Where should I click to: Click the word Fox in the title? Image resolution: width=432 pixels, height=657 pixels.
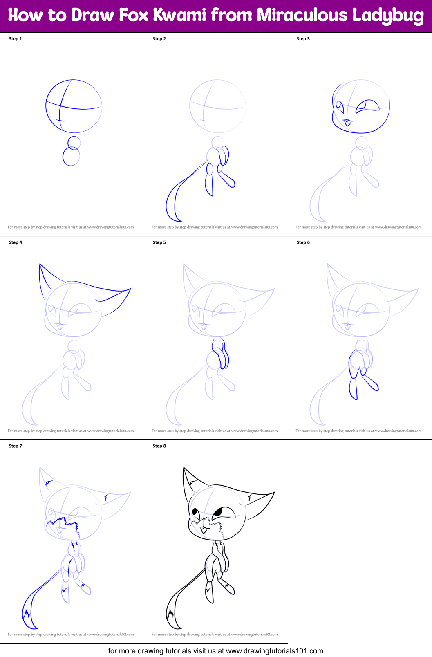coord(134,15)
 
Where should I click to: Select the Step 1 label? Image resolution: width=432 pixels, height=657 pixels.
coord(15,39)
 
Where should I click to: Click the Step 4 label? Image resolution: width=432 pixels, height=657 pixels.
coord(15,242)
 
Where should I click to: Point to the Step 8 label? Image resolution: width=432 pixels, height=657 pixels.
coord(159,446)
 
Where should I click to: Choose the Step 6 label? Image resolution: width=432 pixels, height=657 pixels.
coord(303,242)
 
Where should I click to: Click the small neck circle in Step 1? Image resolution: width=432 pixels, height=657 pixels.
coord(74,143)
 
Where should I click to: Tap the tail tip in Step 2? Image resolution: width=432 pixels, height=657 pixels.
coord(179,220)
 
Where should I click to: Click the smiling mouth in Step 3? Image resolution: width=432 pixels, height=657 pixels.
coord(348,122)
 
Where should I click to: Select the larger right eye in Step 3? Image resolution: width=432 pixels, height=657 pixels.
coord(367,106)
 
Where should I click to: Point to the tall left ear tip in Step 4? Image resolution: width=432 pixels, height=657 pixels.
coord(40,264)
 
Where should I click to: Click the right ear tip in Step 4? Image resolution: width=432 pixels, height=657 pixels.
coord(130,289)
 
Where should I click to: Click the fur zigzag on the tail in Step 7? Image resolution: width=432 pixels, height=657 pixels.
coord(27,614)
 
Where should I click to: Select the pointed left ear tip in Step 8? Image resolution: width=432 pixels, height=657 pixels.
coord(184,468)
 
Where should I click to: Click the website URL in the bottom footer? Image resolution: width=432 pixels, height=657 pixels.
coord(275,651)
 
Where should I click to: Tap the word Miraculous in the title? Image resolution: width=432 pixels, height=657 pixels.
coord(302,15)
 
